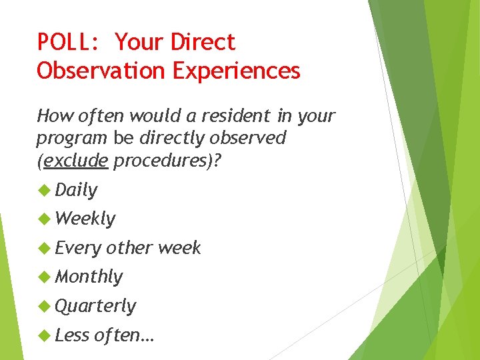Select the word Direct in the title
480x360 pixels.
203,43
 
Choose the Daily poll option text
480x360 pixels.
76,191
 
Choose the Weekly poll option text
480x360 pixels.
85,219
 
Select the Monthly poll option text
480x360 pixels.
89,277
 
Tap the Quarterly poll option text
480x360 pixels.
95,306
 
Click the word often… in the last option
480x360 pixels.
124,335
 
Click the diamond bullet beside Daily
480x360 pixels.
44,190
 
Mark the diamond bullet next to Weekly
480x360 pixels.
44,218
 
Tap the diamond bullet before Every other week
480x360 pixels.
44,247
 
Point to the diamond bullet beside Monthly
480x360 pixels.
44,276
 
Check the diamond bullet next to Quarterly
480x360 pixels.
44,305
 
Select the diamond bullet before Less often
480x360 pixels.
44,335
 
